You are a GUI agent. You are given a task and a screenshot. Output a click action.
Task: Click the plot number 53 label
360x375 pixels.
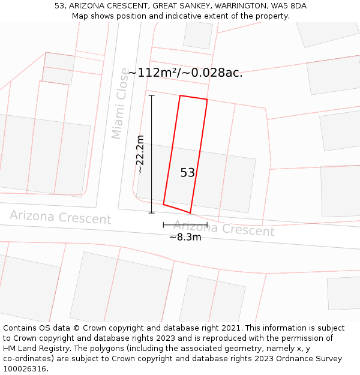[187, 173]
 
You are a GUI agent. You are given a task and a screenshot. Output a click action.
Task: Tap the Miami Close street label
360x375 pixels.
[120, 103]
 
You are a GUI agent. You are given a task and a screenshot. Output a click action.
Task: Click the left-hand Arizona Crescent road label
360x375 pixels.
[60, 217]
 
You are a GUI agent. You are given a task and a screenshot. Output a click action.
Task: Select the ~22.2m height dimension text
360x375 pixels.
[140, 154]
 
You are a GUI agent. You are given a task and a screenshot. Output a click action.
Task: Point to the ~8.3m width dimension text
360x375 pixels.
[185, 237]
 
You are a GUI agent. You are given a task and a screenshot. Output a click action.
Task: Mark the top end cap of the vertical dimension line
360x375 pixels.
[151, 95]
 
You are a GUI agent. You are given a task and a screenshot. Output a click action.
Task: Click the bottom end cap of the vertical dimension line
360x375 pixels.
[151, 212]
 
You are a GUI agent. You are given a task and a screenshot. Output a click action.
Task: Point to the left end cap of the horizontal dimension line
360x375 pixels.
[163, 225]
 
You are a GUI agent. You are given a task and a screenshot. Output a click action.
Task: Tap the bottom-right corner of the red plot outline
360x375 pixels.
[190, 213]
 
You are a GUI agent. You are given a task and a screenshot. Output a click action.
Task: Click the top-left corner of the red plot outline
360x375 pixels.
[180, 95]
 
